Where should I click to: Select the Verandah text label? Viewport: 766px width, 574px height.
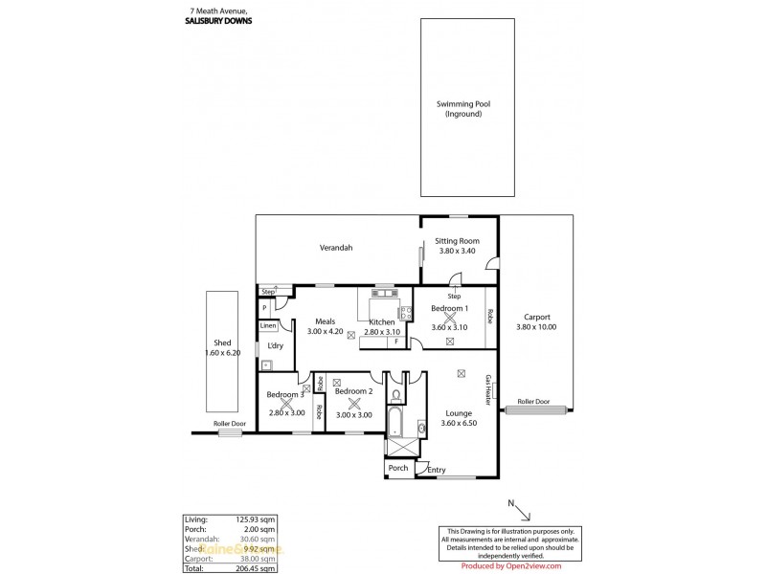pos(336,247)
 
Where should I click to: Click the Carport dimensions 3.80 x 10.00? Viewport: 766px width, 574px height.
pos(536,327)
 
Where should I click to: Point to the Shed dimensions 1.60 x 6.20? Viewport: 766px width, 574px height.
pos(222,353)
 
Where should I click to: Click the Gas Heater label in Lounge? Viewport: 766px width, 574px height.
pos(487,390)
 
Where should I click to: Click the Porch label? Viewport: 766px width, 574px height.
pos(397,468)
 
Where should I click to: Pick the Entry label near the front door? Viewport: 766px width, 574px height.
pos(437,470)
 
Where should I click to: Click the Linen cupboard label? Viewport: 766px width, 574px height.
pos(268,326)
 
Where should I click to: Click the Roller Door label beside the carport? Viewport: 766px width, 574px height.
pos(533,402)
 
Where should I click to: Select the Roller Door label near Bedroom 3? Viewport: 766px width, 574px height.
pos(230,423)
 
